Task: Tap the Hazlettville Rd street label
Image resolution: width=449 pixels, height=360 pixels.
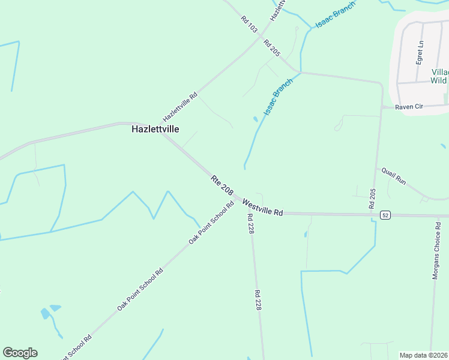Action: tap(180, 107)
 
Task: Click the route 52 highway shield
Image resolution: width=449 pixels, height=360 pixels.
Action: tap(385, 215)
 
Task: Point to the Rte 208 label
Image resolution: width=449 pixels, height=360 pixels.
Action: tap(221, 184)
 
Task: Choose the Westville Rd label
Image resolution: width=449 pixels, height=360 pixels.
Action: tap(262, 208)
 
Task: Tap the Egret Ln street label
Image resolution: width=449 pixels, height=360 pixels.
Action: tap(420, 52)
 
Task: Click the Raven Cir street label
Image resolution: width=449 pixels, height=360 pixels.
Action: tap(411, 106)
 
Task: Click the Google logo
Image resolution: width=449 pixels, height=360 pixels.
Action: tap(20, 353)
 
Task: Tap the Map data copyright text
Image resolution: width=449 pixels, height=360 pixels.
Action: tap(424, 355)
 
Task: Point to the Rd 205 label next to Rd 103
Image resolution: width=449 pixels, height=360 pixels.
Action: tap(271, 48)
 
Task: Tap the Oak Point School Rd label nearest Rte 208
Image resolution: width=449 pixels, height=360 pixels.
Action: tap(211, 223)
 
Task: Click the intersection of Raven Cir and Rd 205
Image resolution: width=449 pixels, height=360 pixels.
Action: tap(382, 107)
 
